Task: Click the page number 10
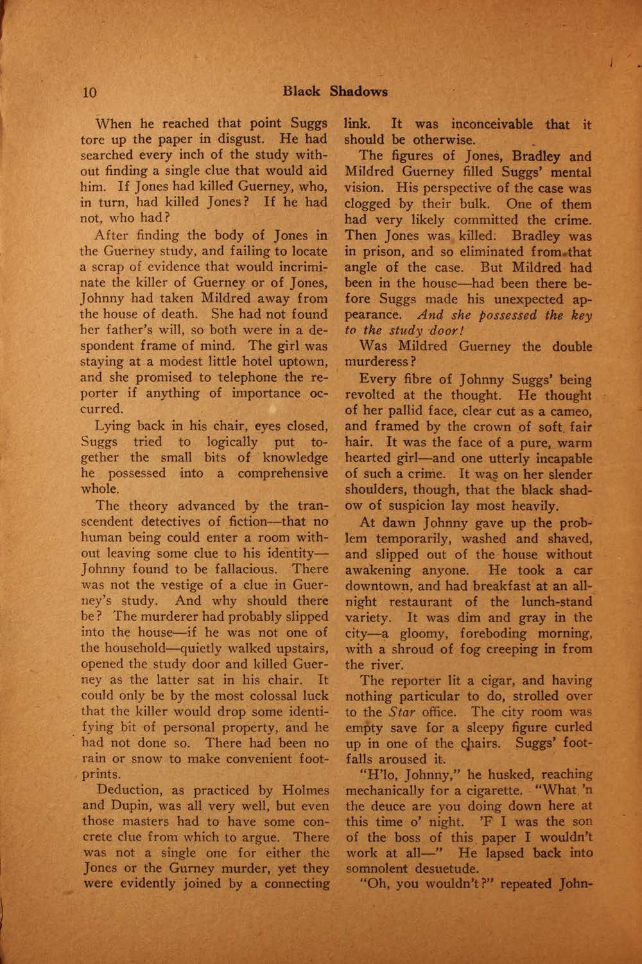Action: point(89,92)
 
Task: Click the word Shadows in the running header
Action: point(359,91)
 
